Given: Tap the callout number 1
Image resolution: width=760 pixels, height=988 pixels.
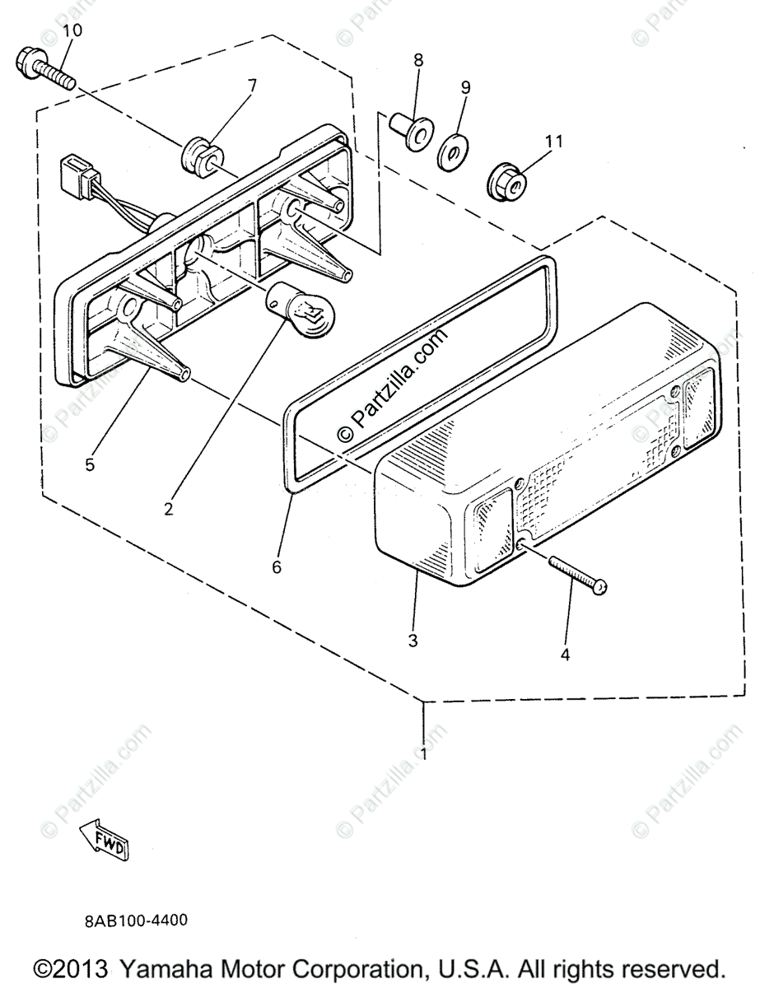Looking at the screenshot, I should (424, 753).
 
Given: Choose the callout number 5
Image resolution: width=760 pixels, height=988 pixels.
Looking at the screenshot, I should (89, 464).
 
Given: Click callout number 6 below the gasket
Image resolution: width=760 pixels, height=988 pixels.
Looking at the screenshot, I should (277, 566).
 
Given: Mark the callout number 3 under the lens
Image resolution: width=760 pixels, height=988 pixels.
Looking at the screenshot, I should (413, 639).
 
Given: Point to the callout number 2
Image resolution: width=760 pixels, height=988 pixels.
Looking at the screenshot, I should (169, 509).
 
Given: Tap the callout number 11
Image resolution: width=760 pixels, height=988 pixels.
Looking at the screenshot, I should (553, 141).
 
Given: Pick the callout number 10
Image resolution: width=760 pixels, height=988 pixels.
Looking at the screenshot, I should (72, 30).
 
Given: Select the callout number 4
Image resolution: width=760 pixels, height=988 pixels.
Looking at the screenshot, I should (565, 655).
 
